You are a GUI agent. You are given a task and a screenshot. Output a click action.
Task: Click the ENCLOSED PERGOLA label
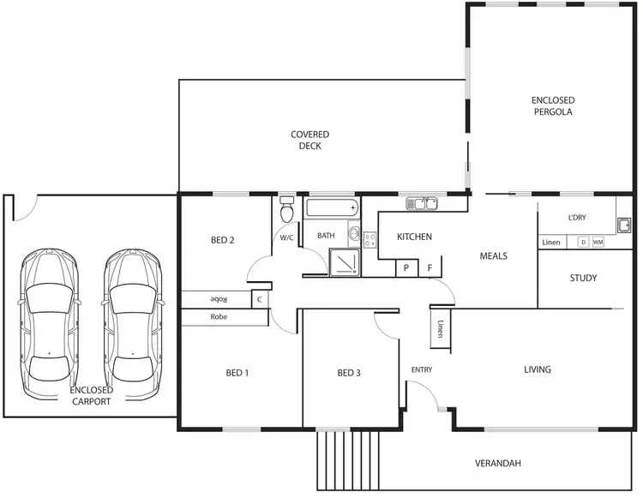[551, 106]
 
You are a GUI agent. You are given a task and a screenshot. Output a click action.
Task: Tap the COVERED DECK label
[309, 140]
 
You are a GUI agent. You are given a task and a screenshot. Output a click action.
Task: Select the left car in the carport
[50, 326]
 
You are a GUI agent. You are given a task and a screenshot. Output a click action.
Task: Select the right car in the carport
[133, 326]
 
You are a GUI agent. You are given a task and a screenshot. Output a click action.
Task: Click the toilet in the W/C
[286, 211]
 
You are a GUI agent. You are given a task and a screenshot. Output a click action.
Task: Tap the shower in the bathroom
[344, 260]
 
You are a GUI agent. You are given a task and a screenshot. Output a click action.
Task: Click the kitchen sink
[423, 204]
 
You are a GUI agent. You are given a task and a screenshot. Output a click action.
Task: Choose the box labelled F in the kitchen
[430, 268]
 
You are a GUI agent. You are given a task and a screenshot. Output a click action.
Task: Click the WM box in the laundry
[598, 243]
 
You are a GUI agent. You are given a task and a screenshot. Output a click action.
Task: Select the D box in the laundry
[583, 243]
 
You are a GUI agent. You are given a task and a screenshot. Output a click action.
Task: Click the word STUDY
[583, 279]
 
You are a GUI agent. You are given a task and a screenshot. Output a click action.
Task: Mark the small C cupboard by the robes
[258, 299]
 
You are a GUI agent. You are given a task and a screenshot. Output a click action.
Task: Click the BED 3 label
[349, 373]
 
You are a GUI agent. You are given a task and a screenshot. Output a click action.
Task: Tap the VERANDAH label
[498, 464]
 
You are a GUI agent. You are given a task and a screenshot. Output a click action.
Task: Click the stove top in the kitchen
[370, 240]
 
